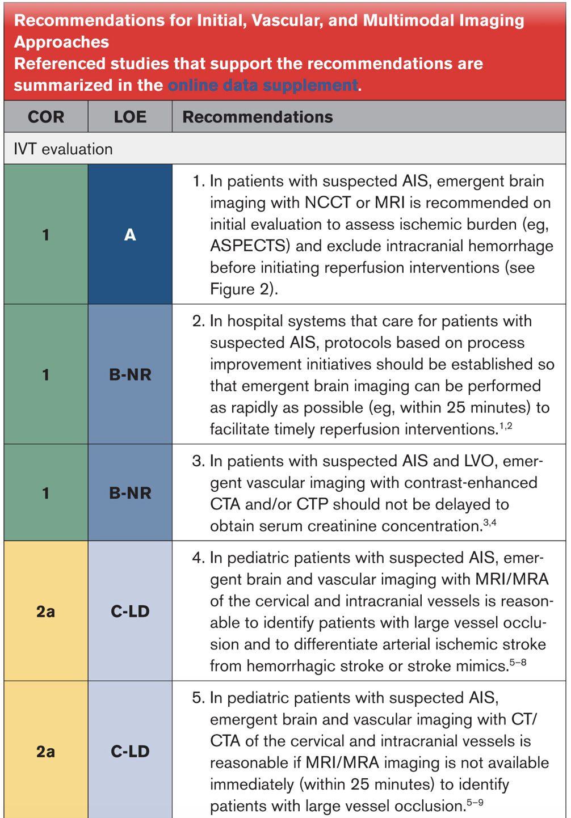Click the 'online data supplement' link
pos(263,85)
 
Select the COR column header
pos(46,117)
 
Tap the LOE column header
pos(130,117)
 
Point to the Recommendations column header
pos(258,117)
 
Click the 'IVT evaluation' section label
pos(63,149)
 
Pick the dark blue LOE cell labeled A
pos(130,234)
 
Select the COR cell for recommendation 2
pos(46,374)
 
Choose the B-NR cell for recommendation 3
pos(130,492)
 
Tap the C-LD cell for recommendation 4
pos(130,611)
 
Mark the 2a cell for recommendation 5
pos(46,751)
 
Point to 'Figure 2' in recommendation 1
pos(241,289)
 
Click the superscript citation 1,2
pos(505,425)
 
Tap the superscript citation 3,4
pos(490,522)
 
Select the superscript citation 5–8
pos(518,662)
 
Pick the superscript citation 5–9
pos(475,802)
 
